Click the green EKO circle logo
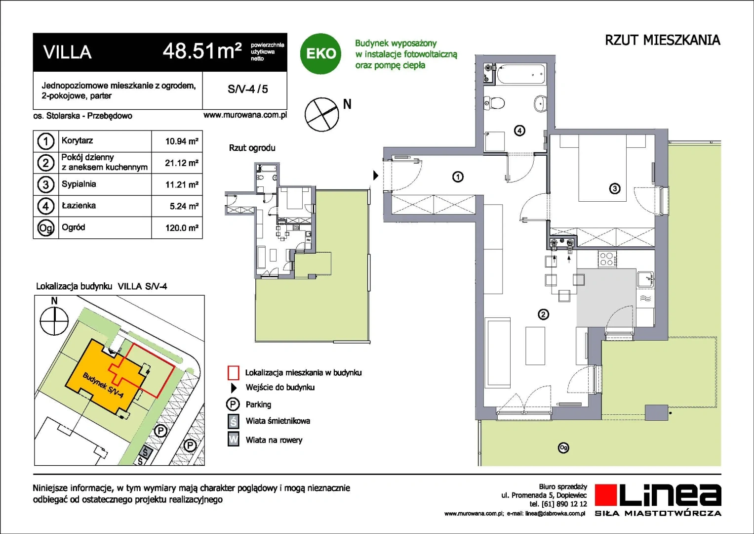(x=320, y=53)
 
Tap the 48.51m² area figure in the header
(x=202, y=51)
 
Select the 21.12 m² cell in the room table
(x=181, y=163)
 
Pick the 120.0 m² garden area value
(x=182, y=228)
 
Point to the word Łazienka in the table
(x=79, y=205)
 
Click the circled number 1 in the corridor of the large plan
(x=457, y=177)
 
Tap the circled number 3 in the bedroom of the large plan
(x=615, y=188)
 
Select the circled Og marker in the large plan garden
(x=563, y=447)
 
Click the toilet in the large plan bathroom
(x=494, y=102)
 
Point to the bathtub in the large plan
(x=521, y=75)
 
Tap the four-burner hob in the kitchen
(x=608, y=260)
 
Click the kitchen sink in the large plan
(x=645, y=279)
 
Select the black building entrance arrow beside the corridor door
(x=376, y=176)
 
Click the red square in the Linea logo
(x=605, y=495)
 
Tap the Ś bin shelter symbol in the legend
(x=233, y=421)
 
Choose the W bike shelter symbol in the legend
(x=233, y=439)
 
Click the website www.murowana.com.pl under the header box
(x=245, y=115)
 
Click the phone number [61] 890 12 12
(x=564, y=504)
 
